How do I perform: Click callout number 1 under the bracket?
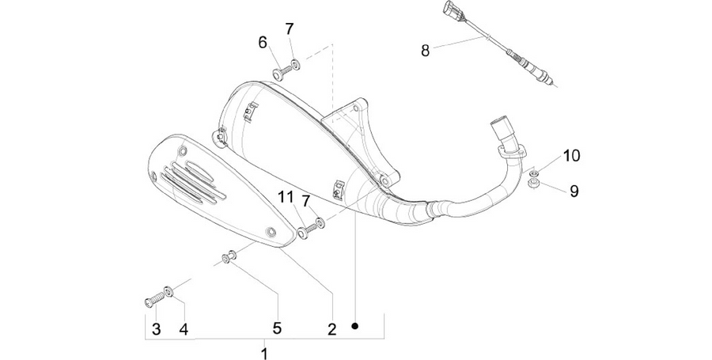point(264,353)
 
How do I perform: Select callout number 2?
point(332,329)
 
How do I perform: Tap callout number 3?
point(156,329)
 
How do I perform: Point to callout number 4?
point(184,329)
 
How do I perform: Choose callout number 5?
point(277,328)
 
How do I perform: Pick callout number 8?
point(425,51)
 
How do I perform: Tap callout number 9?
point(574,191)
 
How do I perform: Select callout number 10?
point(572,156)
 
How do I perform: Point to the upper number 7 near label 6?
point(290,29)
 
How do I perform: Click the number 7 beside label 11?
point(305,200)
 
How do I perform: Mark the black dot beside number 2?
point(355,325)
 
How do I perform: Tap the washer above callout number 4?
point(169,291)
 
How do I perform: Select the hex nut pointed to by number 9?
point(534,184)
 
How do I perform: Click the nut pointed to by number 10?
point(535,172)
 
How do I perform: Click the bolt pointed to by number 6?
point(282,72)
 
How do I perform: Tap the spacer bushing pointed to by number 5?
point(228,256)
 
